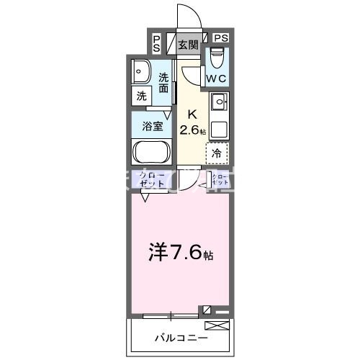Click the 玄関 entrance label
pos(188,45)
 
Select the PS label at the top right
pos(220,38)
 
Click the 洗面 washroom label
pos(164,83)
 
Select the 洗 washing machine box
pos(141,94)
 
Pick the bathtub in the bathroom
pos(151,153)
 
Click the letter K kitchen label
pos(192,114)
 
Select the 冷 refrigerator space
pos(217,153)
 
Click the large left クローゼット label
pos(152,181)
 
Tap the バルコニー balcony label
pos(181,337)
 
